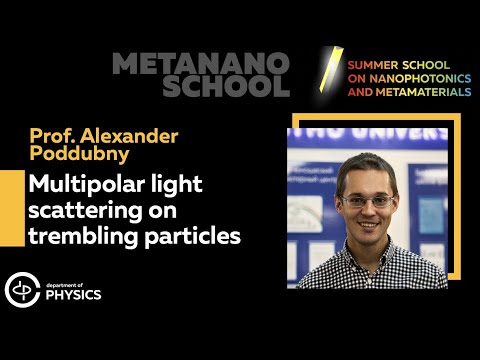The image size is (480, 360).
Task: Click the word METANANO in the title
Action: tap(200, 64)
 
